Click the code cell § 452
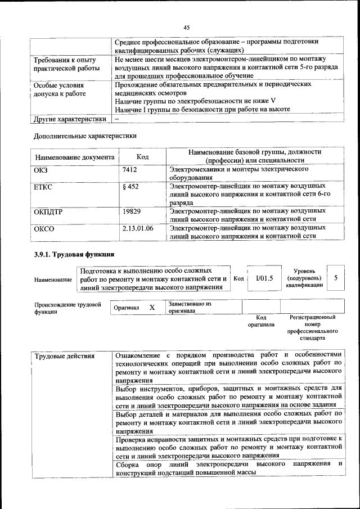pos(130,187)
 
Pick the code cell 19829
pos(131,211)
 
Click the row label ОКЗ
pos(41,169)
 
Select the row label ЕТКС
pos(43,187)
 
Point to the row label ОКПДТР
pos(49,211)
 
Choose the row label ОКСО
pos(44,229)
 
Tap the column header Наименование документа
pos(75,157)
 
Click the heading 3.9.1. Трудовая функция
pos(74,254)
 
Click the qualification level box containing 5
pos(336,278)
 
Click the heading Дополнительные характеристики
pos(85,136)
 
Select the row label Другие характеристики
pos(70,119)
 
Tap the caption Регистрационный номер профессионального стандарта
pos(312,328)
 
